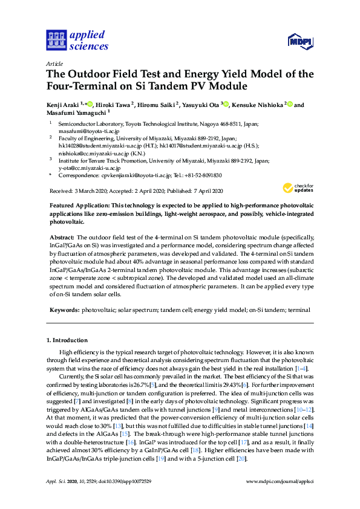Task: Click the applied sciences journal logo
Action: tap(77, 41)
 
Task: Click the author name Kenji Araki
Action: tap(64, 105)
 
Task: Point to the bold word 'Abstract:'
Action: tap(62, 238)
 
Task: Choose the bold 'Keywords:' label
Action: tap(64, 310)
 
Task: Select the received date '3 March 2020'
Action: tap(91, 191)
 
